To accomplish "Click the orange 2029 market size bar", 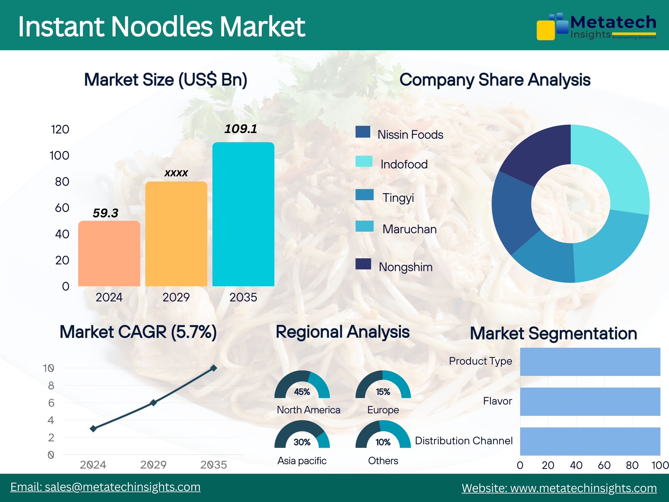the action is pyautogui.click(x=176, y=234).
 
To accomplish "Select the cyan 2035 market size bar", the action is pyautogui.click(x=244, y=214).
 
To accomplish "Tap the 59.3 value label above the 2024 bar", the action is pyautogui.click(x=105, y=213).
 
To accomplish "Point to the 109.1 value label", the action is pyautogui.click(x=241, y=129).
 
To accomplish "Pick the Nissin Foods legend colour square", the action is pyautogui.click(x=363, y=132).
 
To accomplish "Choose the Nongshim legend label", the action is pyautogui.click(x=406, y=267).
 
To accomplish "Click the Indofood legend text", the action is pyautogui.click(x=404, y=164).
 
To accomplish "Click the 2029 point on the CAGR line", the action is pyautogui.click(x=153, y=402).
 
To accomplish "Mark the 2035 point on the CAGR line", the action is pyautogui.click(x=213, y=368).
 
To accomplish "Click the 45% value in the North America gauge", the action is pyautogui.click(x=302, y=392).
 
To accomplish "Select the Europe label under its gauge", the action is pyautogui.click(x=383, y=410).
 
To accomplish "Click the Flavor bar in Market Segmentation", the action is pyautogui.click(x=590, y=402).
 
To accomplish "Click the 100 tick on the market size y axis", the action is pyautogui.click(x=60, y=156).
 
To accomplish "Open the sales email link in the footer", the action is pyautogui.click(x=105, y=487).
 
